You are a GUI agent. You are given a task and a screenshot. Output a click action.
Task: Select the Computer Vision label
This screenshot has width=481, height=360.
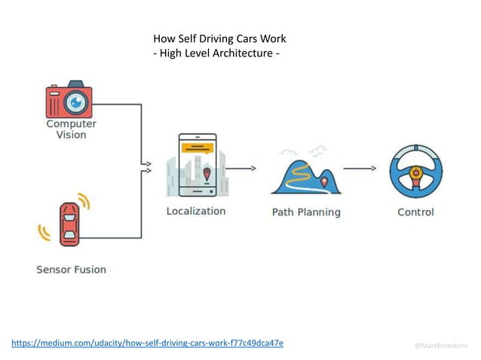click(x=71, y=129)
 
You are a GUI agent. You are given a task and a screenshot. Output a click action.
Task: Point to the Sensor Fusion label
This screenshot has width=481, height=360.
click(x=71, y=269)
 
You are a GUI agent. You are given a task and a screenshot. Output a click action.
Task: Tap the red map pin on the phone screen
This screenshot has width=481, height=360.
click(x=207, y=175)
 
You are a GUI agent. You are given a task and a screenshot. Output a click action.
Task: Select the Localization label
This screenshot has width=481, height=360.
click(x=196, y=211)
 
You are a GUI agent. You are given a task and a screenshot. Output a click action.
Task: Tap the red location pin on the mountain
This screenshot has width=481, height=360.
click(x=324, y=182)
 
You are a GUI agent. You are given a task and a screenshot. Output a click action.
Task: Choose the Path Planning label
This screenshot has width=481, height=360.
click(x=305, y=212)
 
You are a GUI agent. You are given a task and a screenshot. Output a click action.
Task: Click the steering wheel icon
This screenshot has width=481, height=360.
click(x=415, y=171)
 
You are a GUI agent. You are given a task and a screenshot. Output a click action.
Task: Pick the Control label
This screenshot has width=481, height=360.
click(x=415, y=212)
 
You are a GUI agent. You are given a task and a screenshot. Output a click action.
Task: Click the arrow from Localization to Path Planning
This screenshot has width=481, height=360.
click(x=241, y=169)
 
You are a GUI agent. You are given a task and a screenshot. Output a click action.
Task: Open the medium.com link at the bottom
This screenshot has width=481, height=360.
click(x=147, y=343)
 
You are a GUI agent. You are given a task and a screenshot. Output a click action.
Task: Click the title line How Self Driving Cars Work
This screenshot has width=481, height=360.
click(x=219, y=38)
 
